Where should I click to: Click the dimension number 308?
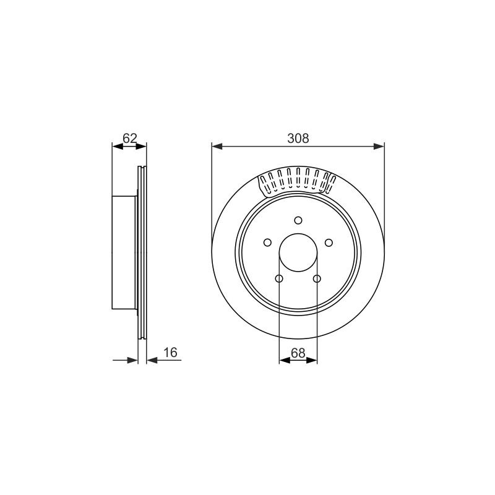pyautogui.click(x=298, y=138)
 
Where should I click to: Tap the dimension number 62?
pyautogui.click(x=129, y=138)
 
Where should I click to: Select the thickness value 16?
pyautogui.click(x=171, y=353)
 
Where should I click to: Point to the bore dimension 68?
pyautogui.click(x=298, y=353)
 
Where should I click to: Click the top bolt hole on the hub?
pyautogui.click(x=298, y=220)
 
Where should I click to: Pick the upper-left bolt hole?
pyautogui.click(x=267, y=243)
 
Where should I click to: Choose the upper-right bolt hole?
pyautogui.click(x=329, y=243)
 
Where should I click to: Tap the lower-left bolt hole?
pyautogui.click(x=279, y=278)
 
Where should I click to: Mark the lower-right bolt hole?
pyautogui.click(x=317, y=278)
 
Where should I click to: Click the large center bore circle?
pyautogui.click(x=298, y=234)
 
